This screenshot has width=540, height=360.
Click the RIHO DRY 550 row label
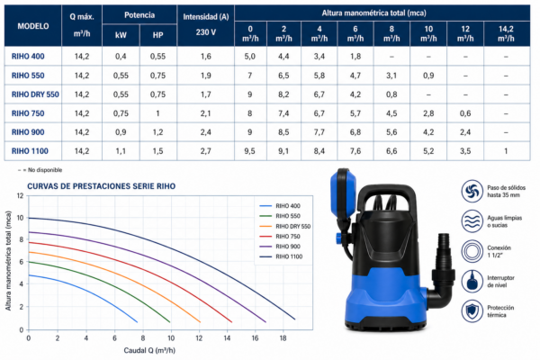35,94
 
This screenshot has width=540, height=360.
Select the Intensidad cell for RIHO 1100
205,151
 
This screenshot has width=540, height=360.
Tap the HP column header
157,35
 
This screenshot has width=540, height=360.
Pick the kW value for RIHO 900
121,132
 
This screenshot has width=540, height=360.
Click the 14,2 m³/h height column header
506,33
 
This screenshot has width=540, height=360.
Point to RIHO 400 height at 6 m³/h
355,57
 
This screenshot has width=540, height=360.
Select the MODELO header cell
33,26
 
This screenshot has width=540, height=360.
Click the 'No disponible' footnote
40,170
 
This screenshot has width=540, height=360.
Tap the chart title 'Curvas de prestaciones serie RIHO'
101,186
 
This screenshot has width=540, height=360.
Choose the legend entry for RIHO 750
280,237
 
